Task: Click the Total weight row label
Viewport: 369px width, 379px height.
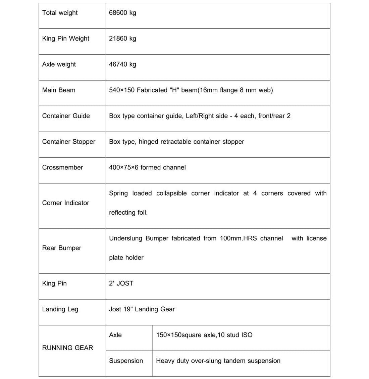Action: pyautogui.click(x=60, y=13)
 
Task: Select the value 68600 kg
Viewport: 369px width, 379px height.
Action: pyautogui.click(x=122, y=13)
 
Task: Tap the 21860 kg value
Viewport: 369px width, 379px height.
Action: pyautogui.click(x=122, y=39)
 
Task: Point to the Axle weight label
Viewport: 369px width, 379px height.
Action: pyautogui.click(x=59, y=64)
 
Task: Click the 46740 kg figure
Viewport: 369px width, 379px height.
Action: pyautogui.click(x=122, y=64)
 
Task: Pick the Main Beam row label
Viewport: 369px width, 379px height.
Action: pyautogui.click(x=59, y=90)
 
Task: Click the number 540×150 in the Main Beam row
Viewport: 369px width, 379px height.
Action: pyautogui.click(x=122, y=90)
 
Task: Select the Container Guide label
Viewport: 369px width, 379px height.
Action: pyautogui.click(x=66, y=116)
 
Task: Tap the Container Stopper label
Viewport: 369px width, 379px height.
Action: pyautogui.click(x=69, y=142)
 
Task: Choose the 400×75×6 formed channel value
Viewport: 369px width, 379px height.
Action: pyautogui.click(x=147, y=167)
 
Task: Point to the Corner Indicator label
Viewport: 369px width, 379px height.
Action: pyautogui.click(x=66, y=203)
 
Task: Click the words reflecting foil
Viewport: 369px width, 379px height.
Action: pyautogui.click(x=128, y=213)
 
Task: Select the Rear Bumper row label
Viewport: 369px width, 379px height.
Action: pyautogui.click(x=62, y=248)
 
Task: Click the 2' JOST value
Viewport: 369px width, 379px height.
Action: pyautogui.click(x=121, y=284)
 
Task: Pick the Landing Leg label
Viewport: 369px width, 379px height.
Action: pyautogui.click(x=60, y=309)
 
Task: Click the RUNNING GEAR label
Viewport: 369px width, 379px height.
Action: pyautogui.click(x=67, y=348)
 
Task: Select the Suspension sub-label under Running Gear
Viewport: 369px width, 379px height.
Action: pyautogui.click(x=126, y=361)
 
